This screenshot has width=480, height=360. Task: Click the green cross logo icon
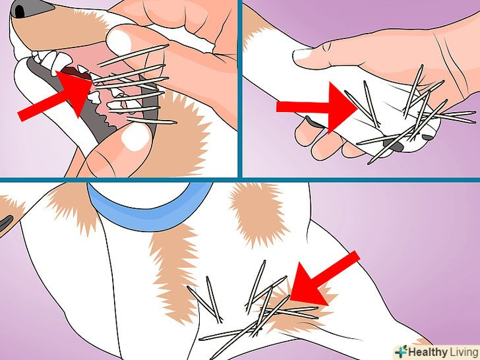tap(402, 351)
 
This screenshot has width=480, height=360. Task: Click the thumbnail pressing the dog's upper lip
tap(119, 42)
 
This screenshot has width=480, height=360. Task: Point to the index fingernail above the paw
tap(303, 54)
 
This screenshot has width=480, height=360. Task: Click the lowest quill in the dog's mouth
tap(152, 121)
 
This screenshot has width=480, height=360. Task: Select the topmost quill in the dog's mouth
tap(133, 55)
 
